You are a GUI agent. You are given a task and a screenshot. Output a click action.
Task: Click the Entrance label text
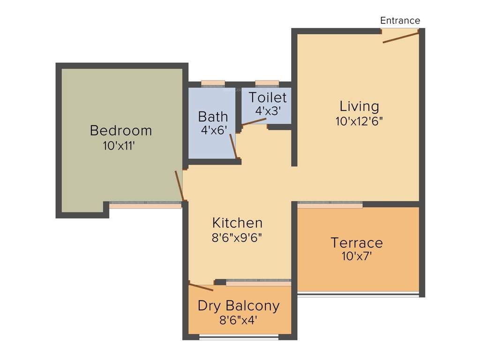[400, 21]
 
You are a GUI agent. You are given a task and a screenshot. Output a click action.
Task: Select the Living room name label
[360, 106]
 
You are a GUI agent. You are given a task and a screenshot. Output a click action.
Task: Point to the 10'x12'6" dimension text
[360, 121]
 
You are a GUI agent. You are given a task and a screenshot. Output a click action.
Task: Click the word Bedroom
[121, 130]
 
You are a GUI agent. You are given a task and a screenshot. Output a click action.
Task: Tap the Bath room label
[213, 116]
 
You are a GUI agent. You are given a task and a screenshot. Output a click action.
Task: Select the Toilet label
[267, 97]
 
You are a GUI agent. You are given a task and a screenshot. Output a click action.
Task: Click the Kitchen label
[237, 222]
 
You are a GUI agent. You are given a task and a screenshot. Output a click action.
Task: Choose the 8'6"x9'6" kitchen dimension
[237, 237]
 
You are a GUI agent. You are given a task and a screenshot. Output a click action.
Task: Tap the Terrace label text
[357, 243]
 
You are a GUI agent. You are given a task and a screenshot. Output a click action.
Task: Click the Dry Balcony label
[239, 306]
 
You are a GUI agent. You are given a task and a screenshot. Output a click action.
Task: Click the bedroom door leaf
[179, 186]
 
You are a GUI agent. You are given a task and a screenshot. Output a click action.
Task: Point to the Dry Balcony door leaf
[201, 287]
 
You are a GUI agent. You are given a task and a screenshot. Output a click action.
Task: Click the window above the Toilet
[267, 83]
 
